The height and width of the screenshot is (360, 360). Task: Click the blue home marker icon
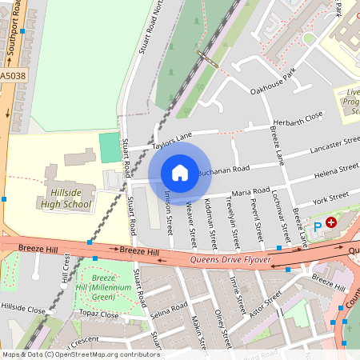tap(180, 173)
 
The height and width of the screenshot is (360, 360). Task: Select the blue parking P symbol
tap(317, 227)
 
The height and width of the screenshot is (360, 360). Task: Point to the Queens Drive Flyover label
tap(230, 259)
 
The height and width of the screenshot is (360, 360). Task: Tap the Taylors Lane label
tap(173, 140)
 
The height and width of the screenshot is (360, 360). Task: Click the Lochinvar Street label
tap(278, 216)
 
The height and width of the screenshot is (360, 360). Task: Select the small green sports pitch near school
tap(110, 146)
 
